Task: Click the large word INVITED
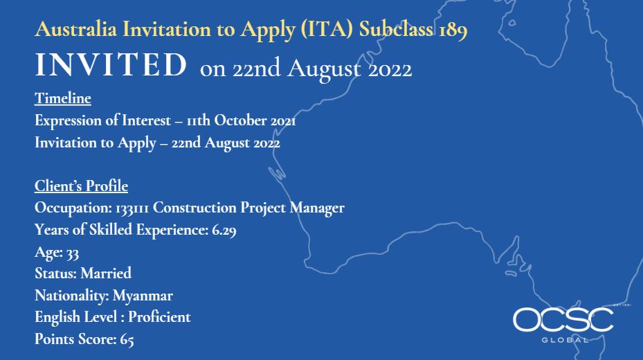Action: (111, 65)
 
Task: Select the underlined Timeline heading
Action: (63, 98)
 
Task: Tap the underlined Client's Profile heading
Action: (81, 186)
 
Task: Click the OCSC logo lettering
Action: (563, 321)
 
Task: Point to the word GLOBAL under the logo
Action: (565, 340)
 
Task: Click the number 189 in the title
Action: (453, 30)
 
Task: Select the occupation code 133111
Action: (132, 208)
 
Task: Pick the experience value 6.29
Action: (224, 230)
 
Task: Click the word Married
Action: (106, 273)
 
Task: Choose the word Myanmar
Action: (143, 296)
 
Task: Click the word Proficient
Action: (159, 317)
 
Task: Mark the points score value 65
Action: (127, 339)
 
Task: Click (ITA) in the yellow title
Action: (327, 30)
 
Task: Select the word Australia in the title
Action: (76, 29)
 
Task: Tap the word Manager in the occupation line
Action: (317, 208)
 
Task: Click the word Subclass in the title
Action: (396, 29)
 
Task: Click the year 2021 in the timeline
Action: (283, 121)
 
